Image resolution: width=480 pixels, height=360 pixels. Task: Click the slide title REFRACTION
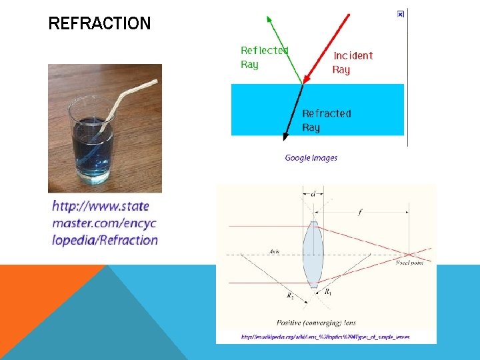(99, 24)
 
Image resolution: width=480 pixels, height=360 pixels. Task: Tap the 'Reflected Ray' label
(264, 57)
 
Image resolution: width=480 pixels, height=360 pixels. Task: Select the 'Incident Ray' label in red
(353, 63)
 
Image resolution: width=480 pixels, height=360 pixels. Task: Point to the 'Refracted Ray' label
(326, 121)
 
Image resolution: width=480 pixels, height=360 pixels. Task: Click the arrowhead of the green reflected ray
(269, 19)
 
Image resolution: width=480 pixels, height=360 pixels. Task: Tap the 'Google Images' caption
(311, 158)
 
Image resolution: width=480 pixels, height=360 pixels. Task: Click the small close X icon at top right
(400, 14)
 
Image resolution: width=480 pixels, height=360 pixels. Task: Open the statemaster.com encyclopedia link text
(105, 223)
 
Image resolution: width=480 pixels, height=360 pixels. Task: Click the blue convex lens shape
(312, 254)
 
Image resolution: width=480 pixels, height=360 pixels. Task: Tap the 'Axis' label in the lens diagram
(275, 251)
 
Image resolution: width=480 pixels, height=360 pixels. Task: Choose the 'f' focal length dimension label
(360, 213)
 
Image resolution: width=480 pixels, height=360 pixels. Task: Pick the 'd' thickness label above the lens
(313, 194)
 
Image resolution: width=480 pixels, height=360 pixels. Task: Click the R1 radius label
(328, 292)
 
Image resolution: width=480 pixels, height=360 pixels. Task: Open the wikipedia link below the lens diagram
(325, 337)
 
